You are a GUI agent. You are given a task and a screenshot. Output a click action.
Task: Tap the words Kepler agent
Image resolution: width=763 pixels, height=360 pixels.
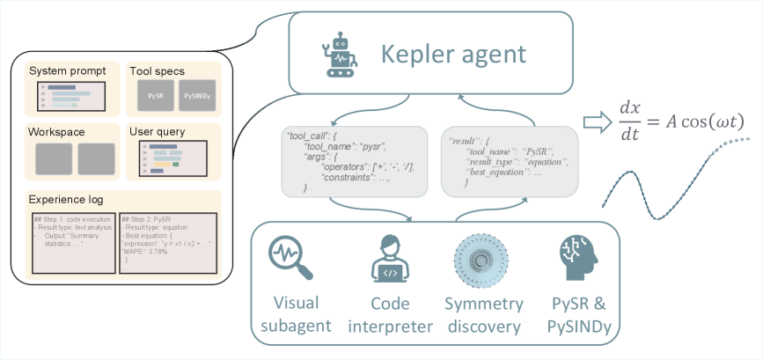point(453,54)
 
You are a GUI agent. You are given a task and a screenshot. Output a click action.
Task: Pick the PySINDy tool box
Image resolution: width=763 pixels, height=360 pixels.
point(196,97)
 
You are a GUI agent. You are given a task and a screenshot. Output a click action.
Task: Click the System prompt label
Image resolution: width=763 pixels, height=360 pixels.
point(67,70)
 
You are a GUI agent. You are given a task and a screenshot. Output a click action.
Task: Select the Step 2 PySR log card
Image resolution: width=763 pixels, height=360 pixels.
point(167,242)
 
